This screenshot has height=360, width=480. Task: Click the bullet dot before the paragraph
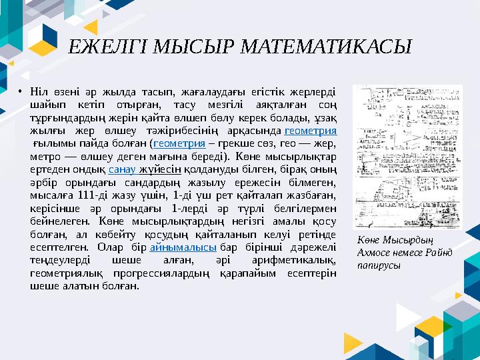click(21, 91)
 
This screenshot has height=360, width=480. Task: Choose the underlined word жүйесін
click(159, 169)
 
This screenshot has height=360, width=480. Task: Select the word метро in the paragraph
click(43, 157)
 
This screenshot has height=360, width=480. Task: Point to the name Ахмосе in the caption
click(375, 253)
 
